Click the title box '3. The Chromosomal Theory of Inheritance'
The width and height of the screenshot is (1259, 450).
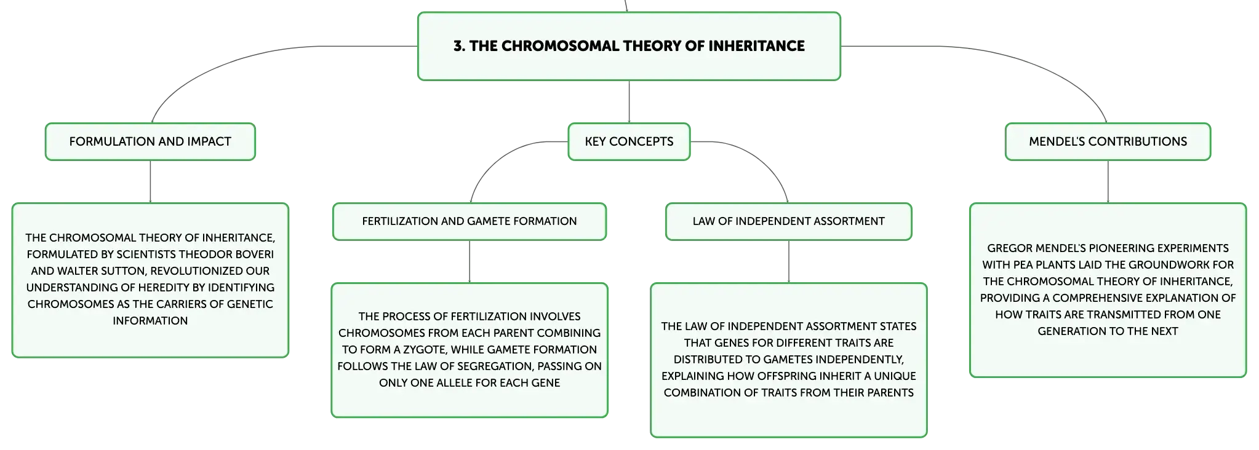629,46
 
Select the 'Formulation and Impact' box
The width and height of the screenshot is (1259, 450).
150,141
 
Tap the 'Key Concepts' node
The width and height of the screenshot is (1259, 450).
629,141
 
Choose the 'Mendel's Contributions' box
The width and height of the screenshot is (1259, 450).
1108,141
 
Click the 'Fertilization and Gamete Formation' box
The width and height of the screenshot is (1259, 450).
470,221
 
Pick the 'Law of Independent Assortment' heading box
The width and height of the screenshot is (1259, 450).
789,221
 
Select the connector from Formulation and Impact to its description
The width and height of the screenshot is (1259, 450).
150,182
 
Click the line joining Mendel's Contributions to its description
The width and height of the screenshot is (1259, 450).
1108,182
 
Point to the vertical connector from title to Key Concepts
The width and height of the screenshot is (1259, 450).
629,102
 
